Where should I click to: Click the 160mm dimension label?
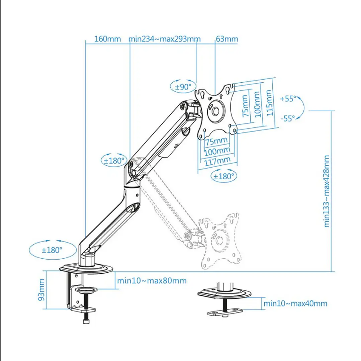[107, 39]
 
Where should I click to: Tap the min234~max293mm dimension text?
[165, 39]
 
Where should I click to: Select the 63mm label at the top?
[227, 39]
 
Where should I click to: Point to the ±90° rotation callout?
[183, 87]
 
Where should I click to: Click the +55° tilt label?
[288, 99]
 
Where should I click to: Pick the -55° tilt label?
[288, 118]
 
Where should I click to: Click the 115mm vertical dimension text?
[269, 103]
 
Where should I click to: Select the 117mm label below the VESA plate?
[217, 161]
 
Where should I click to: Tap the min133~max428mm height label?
[327, 191]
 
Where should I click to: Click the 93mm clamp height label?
[41, 290]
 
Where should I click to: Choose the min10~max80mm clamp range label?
[152, 281]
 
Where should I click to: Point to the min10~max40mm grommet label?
[295, 303]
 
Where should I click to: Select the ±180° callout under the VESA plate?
[224, 176]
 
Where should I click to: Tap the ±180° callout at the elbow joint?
[114, 161]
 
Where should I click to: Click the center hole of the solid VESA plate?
[216, 111]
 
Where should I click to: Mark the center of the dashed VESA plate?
[220, 241]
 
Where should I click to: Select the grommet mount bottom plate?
[225, 312]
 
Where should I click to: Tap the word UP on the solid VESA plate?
[210, 99]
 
